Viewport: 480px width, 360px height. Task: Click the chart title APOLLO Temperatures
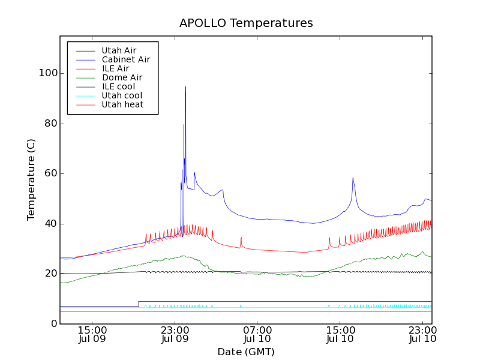(246, 23)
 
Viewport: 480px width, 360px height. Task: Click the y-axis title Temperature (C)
(31, 179)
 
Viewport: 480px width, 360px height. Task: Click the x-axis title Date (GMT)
(246, 352)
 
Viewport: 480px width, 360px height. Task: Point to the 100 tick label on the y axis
(49, 73)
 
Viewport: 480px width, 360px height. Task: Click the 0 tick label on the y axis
(54, 324)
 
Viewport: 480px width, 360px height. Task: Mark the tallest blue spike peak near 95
(185, 87)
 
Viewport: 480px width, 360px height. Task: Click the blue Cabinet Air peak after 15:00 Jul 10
(353, 178)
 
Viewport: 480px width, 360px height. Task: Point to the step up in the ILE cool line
(139, 304)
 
